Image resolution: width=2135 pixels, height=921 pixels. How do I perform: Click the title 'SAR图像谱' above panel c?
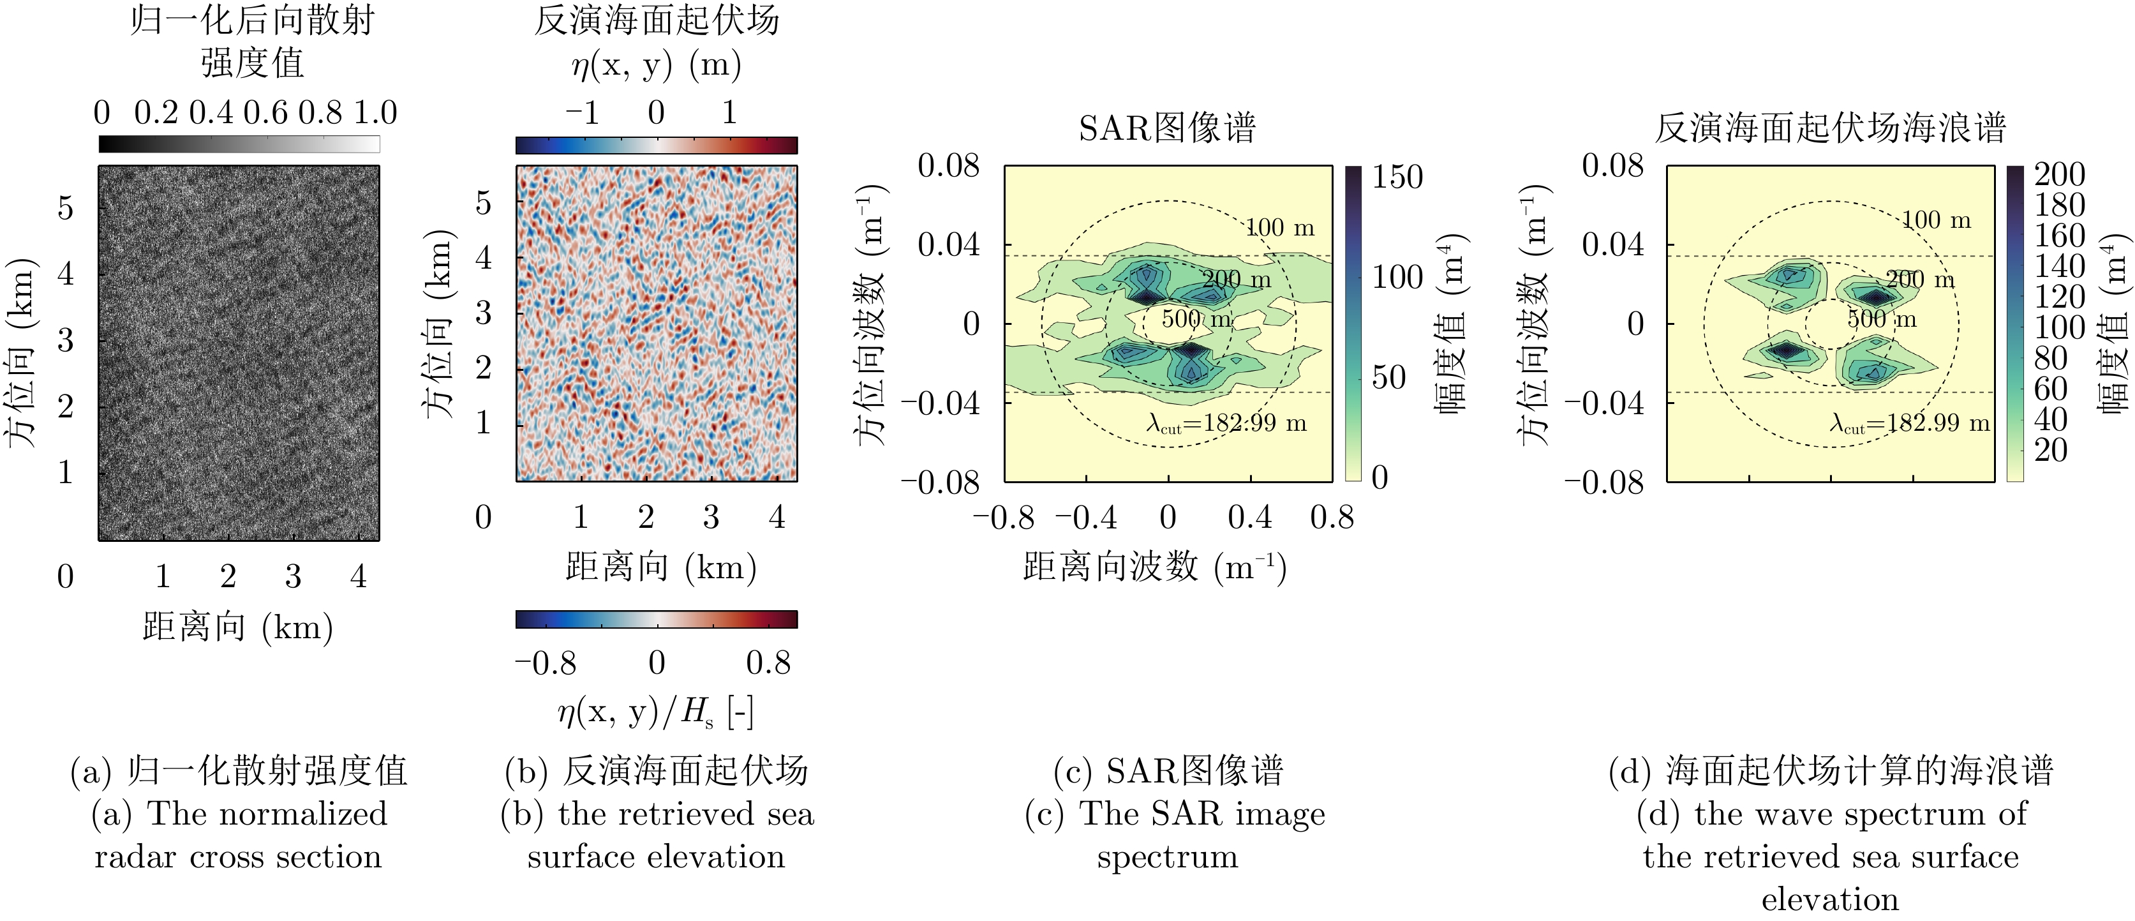(x=1167, y=128)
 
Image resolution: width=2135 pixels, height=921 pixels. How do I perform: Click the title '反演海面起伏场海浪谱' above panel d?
(x=1830, y=128)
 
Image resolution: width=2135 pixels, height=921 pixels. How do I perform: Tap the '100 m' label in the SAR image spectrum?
(x=1281, y=227)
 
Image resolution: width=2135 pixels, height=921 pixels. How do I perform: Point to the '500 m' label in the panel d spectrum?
(x=1882, y=319)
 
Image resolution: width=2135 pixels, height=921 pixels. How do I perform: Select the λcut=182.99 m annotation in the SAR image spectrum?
(x=1226, y=424)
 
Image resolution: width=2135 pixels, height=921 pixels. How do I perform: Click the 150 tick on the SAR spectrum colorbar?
(x=1397, y=177)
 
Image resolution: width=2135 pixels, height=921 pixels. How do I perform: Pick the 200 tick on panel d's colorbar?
(x=2060, y=174)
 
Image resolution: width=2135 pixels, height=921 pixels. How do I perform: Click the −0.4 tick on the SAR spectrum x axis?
(x=1086, y=518)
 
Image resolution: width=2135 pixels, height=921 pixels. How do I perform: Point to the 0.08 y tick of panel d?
(x=1612, y=166)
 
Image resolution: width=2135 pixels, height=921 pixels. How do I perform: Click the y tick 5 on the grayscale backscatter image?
(x=66, y=207)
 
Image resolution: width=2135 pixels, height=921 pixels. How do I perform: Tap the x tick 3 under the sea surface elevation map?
(x=711, y=517)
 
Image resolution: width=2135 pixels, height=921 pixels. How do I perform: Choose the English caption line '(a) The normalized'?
(x=239, y=813)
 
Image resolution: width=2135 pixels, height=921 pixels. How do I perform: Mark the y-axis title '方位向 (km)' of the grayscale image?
(x=22, y=353)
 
